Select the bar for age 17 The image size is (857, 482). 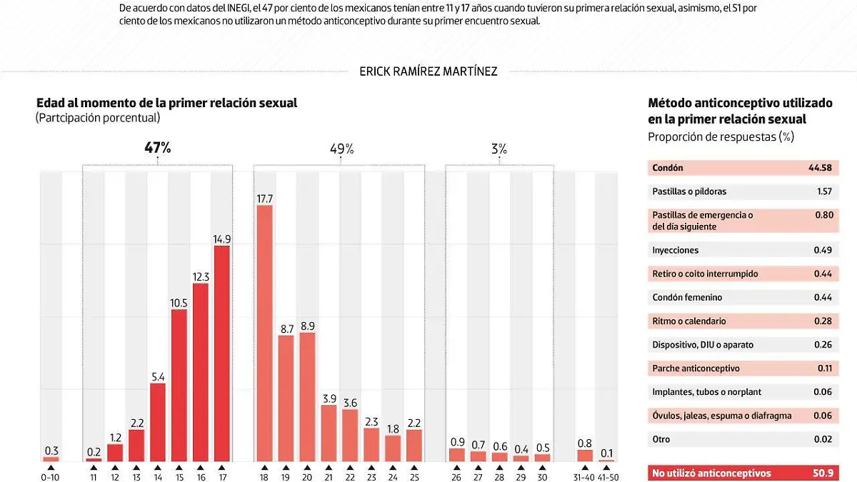(221, 353)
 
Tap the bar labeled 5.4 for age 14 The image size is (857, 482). (158, 422)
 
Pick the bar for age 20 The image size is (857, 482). (307, 396)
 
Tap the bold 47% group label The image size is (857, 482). (158, 148)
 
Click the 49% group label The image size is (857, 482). (341, 149)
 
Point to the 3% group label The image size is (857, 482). (499, 149)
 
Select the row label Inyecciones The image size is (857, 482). (676, 250)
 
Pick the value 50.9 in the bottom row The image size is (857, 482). (822, 473)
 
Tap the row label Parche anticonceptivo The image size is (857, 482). (696, 368)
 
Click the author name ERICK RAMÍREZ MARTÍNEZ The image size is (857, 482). (428, 71)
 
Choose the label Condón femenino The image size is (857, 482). (687, 297)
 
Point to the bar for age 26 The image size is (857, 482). (457, 454)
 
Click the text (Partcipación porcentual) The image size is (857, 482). (98, 119)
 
